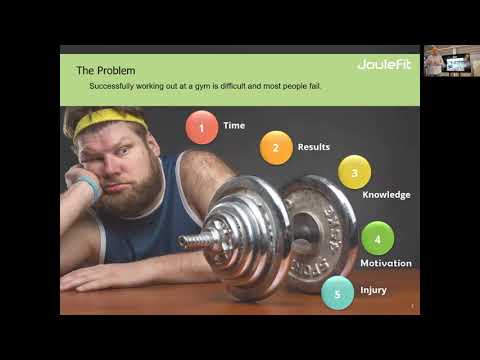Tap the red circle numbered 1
pos(202,127)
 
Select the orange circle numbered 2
pos(276,148)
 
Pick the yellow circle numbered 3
pos(354,172)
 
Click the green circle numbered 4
pos(377,239)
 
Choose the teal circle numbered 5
pos(338,292)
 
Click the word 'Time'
pos(234,126)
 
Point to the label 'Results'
pos(313,147)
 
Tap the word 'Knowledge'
pos(386,195)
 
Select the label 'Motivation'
pos(386,264)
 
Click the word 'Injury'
pos(373,290)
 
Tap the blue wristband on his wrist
pos(89,187)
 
